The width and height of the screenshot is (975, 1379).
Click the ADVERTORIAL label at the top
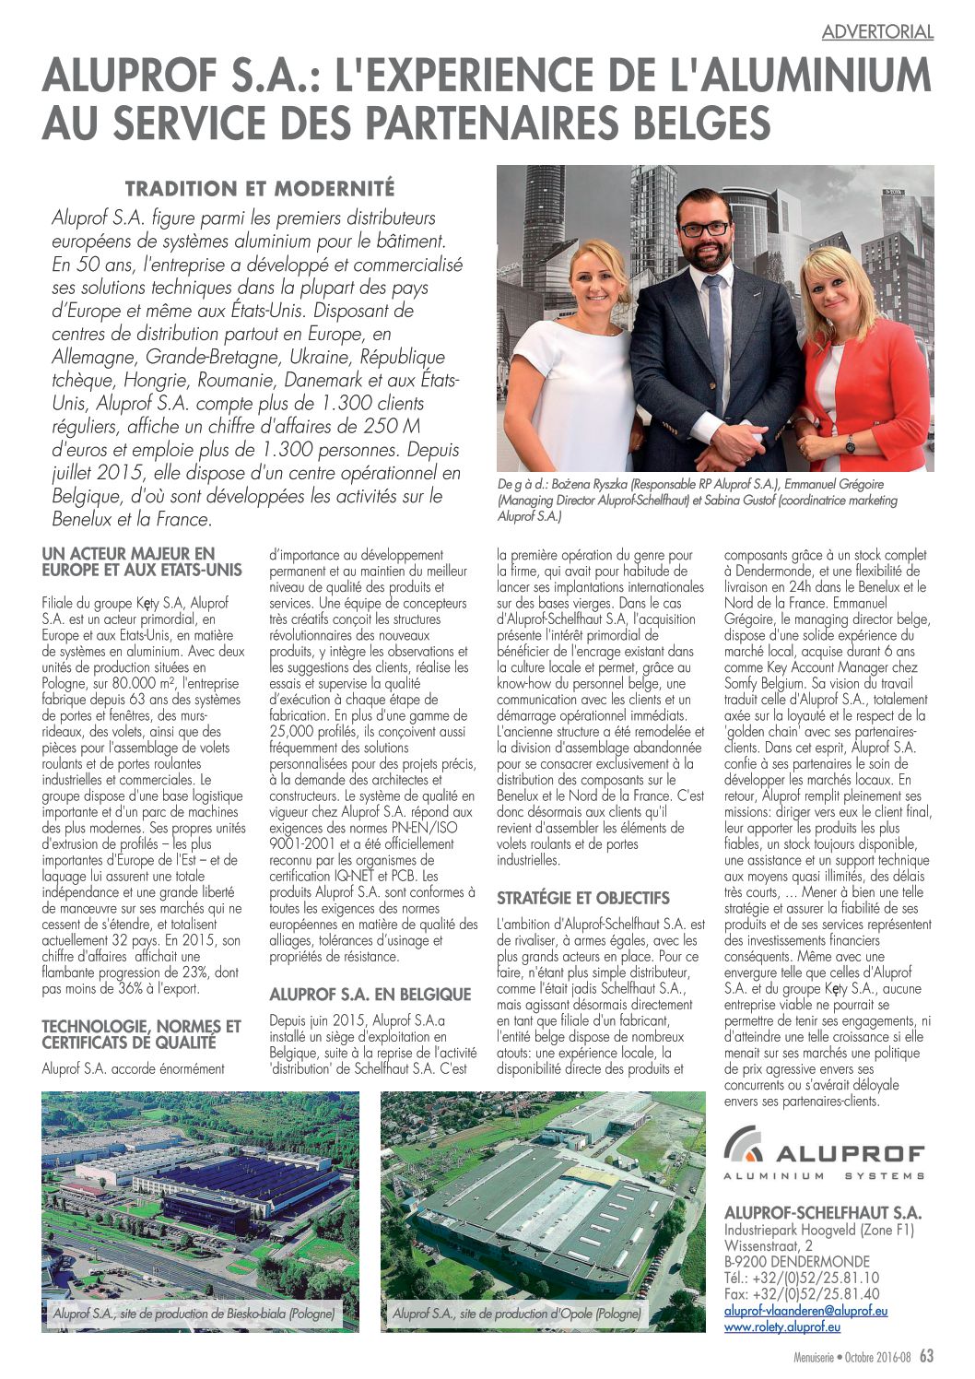877,32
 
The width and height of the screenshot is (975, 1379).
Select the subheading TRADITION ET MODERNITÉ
260,189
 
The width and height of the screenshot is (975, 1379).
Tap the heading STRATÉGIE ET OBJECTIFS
583,898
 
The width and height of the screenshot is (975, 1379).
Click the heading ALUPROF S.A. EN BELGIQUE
370,995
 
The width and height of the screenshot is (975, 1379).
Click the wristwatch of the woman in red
850,443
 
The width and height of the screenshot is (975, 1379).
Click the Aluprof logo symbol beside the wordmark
744,1143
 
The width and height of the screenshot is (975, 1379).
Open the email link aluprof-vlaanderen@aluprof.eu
805,1311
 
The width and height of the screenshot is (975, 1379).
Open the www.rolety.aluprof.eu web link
782,1327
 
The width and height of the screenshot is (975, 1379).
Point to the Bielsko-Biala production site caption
194,1313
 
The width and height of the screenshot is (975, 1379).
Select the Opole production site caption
516,1313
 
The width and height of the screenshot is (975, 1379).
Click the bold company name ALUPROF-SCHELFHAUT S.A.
822,1213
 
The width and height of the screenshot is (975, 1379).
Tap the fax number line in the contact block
801,1294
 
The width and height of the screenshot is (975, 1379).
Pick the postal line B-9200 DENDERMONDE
796,1262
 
